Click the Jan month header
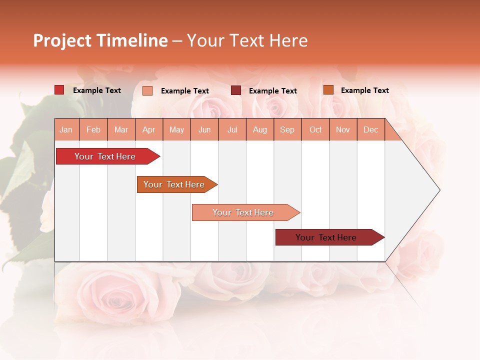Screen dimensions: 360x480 click(x=66, y=129)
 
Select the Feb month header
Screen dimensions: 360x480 click(x=93, y=129)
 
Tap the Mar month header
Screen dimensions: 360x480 click(x=121, y=129)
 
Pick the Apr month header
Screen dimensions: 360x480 click(x=149, y=129)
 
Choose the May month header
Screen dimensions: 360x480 click(x=176, y=129)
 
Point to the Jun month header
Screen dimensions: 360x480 click(x=204, y=129)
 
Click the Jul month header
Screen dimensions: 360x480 click(x=232, y=129)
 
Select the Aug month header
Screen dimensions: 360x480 click(x=260, y=129)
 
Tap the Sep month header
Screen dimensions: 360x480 click(x=287, y=129)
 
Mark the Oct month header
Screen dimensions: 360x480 click(x=315, y=129)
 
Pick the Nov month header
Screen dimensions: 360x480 click(x=343, y=129)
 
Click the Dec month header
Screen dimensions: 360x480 click(x=371, y=129)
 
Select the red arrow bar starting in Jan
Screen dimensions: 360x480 click(x=105, y=156)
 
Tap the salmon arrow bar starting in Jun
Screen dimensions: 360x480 click(x=243, y=212)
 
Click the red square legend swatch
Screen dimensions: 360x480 click(x=59, y=90)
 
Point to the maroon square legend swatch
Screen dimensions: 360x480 click(x=236, y=90)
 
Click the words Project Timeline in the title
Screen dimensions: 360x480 click(x=100, y=40)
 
